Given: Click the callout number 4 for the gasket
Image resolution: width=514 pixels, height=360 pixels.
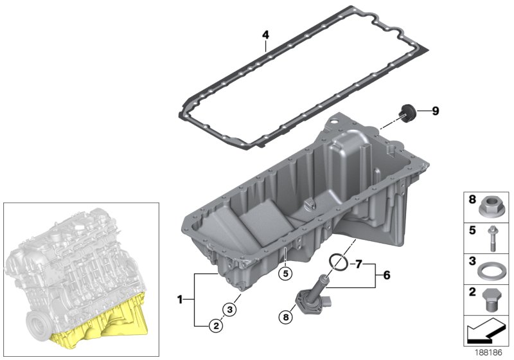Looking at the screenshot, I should [265, 35].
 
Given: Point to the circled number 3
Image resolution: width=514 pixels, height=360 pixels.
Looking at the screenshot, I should [232, 309].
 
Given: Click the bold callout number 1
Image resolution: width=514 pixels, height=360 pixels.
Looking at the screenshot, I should [181, 300].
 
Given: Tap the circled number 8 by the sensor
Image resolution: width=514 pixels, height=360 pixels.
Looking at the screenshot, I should [285, 316].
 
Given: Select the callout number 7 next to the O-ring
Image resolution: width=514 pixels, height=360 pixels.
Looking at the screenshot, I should [359, 263].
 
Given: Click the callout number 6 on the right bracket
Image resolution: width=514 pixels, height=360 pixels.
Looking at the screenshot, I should [387, 274].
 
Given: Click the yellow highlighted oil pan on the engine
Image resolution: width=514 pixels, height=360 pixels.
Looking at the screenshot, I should [103, 321].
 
